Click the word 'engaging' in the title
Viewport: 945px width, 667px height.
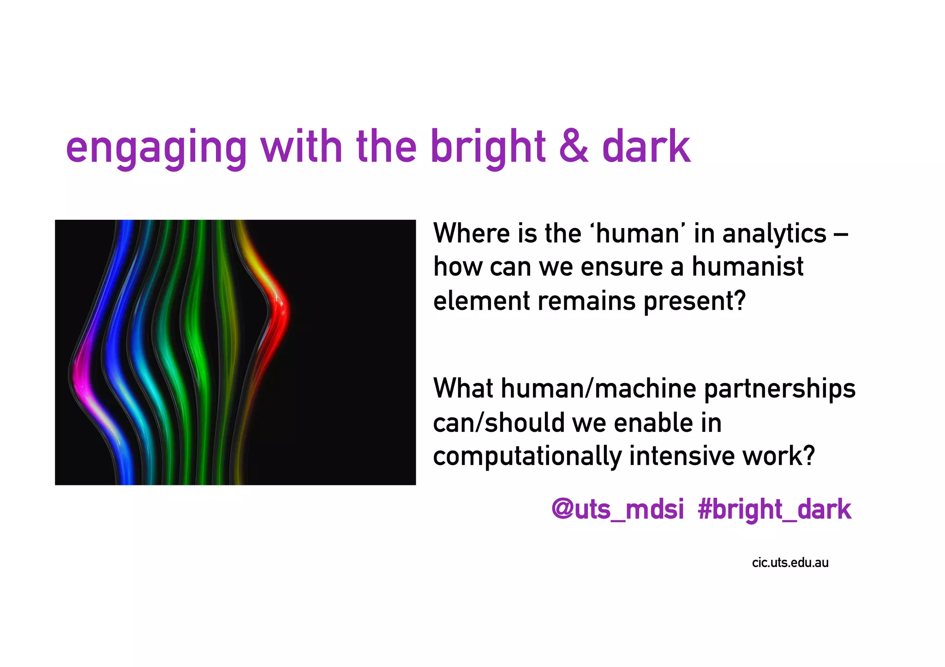pos(156,148)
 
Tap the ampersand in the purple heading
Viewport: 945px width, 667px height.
pos(573,147)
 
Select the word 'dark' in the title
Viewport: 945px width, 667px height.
pos(646,147)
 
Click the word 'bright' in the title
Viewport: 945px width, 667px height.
pos(488,148)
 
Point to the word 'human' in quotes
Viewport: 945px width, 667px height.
pos(637,233)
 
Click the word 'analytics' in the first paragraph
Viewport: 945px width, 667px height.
pos(774,234)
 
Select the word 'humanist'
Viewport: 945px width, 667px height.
pos(747,267)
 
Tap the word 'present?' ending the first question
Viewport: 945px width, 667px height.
pos(694,302)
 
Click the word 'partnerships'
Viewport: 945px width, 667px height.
pos(779,389)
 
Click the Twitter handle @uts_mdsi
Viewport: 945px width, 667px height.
pos(617,510)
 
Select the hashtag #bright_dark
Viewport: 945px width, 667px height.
pos(774,510)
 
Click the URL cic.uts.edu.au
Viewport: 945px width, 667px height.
pos(790,563)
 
